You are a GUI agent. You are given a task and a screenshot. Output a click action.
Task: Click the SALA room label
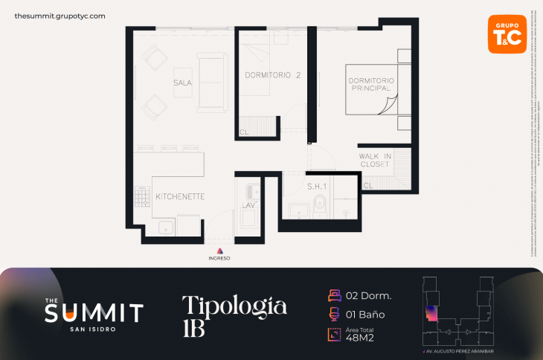tap(182, 83)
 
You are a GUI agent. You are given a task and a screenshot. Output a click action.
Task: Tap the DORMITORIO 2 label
tap(272, 75)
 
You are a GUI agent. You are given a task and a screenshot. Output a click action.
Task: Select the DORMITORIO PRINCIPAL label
tap(371, 84)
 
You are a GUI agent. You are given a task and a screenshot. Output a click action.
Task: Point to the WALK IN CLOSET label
tap(374, 160)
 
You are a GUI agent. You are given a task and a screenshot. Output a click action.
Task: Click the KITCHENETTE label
tap(180, 197)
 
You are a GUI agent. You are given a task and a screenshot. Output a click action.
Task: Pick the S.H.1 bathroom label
tap(318, 185)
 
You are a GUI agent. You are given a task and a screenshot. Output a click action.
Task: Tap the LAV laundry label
tap(248, 205)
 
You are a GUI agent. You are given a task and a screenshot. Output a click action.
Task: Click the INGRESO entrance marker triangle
tap(219, 251)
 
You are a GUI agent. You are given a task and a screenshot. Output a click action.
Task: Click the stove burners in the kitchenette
tap(142, 196)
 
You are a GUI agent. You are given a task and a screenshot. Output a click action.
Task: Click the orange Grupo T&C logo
tap(507, 34)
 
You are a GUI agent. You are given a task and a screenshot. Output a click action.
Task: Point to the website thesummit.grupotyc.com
tap(60, 16)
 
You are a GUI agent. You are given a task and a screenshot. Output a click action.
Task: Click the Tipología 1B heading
tap(234, 315)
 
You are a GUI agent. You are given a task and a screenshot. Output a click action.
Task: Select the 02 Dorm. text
tap(370, 295)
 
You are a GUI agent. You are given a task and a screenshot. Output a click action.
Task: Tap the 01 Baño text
tap(365, 314)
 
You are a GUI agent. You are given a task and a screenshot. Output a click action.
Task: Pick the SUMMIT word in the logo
tap(94, 313)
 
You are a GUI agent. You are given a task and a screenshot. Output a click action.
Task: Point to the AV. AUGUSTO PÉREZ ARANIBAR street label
tap(458, 350)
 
